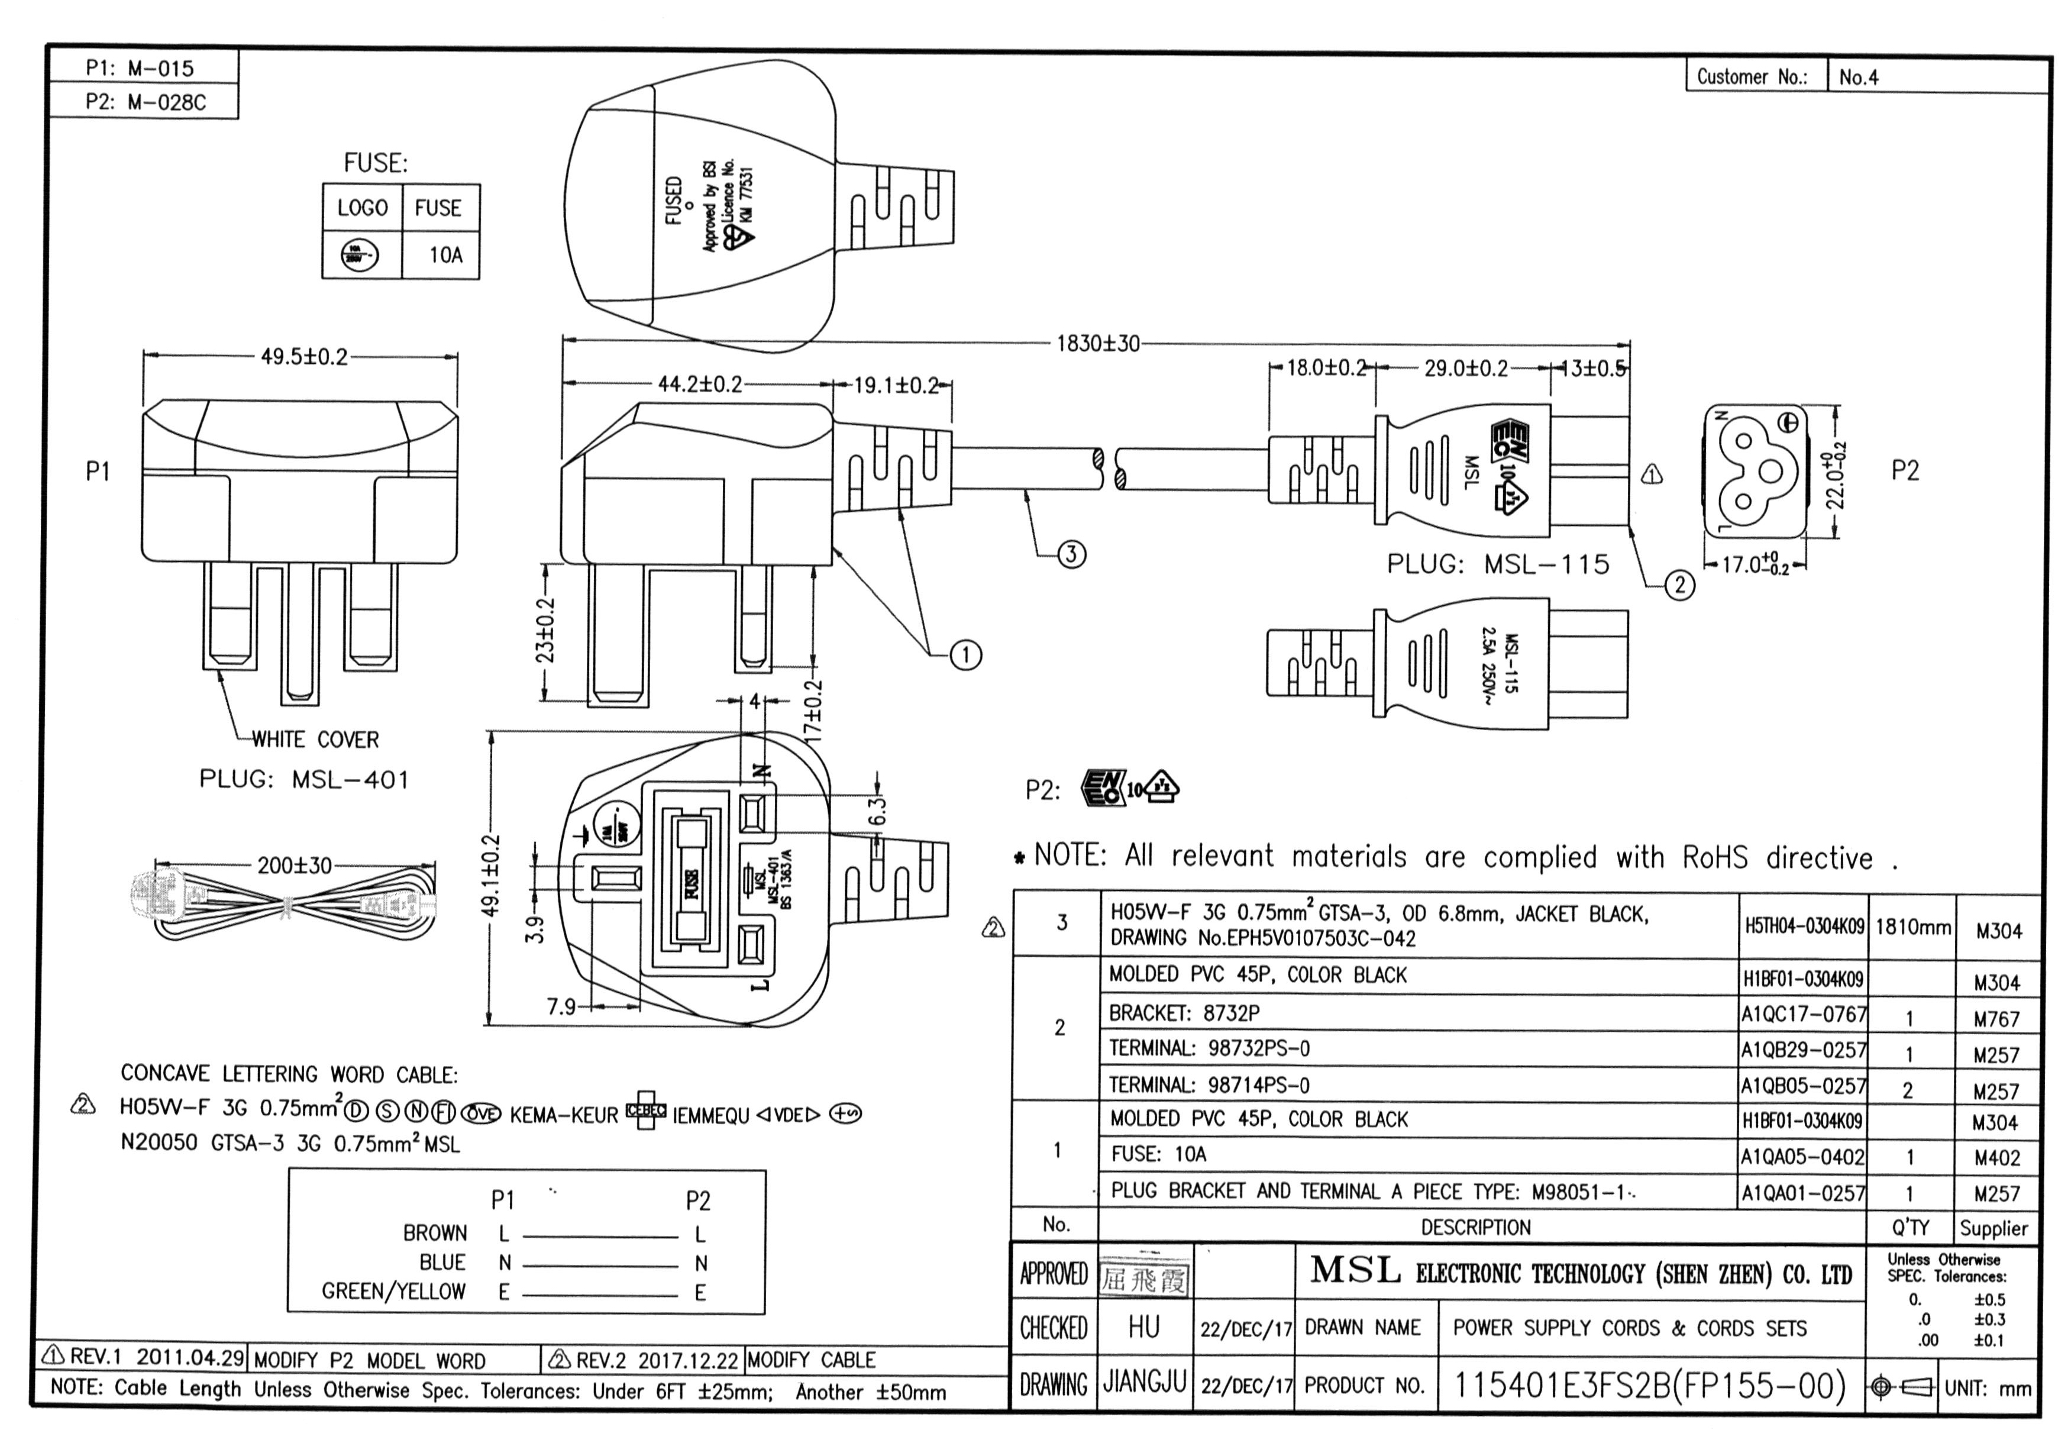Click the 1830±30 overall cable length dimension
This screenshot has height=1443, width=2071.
tap(1098, 344)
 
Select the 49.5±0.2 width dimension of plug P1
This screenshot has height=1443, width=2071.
tap(304, 357)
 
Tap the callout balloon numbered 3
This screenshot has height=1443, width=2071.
tap(1071, 554)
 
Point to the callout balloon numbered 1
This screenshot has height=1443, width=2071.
tap(965, 655)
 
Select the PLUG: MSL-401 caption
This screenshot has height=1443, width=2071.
tap(304, 779)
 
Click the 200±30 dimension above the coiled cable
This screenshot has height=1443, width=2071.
tap(295, 866)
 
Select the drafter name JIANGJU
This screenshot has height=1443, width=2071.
tap(1143, 1381)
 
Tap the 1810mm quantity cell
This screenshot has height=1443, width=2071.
tap(1912, 927)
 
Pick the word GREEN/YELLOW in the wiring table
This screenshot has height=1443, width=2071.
tap(393, 1292)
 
